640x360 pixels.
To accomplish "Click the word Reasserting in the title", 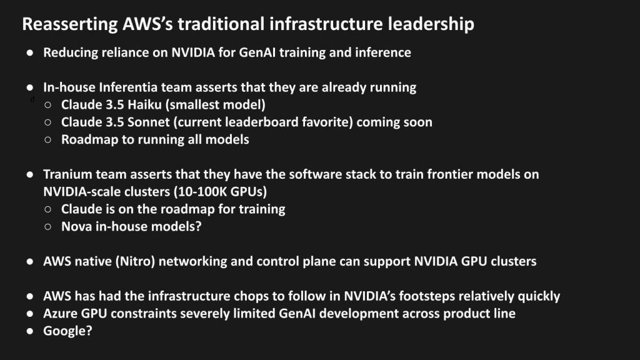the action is [70, 24].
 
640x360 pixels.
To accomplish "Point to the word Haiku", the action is [144, 105].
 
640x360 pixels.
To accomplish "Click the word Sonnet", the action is [149, 122].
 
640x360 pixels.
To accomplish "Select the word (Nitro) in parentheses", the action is [135, 261].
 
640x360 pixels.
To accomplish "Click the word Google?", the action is [67, 331].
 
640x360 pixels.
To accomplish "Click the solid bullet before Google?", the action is [30, 331].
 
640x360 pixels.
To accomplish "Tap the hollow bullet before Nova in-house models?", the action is [47, 226].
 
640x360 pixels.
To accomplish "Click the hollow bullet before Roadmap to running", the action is [47, 139].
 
